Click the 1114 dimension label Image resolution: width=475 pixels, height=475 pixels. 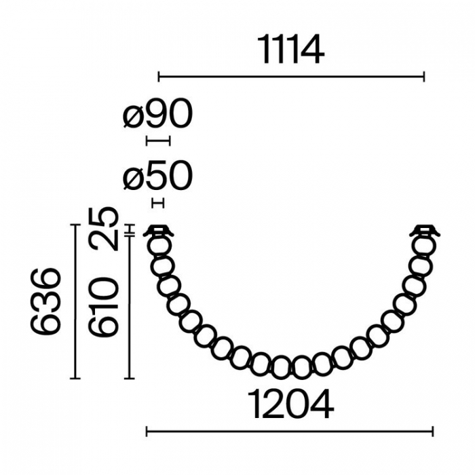click(x=291, y=49)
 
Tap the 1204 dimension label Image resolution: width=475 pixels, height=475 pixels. click(x=291, y=404)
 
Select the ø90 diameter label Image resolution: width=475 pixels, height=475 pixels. click(x=157, y=113)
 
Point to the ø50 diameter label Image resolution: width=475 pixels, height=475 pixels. click(x=157, y=175)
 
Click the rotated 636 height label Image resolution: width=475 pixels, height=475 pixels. click(x=45, y=302)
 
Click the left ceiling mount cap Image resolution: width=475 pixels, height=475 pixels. click(x=158, y=231)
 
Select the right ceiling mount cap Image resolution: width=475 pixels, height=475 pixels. click(x=425, y=231)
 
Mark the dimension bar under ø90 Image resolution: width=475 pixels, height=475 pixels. click(x=158, y=141)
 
